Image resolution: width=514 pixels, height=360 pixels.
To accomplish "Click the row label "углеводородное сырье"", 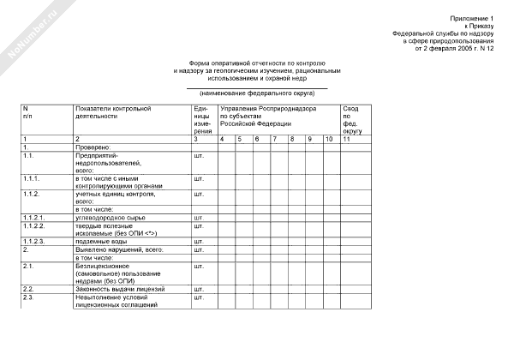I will [108, 218].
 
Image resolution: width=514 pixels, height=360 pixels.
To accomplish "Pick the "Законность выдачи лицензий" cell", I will [120, 290].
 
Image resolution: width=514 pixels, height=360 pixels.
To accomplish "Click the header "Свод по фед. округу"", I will [352, 120].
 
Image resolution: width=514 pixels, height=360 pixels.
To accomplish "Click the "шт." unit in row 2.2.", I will [200, 290].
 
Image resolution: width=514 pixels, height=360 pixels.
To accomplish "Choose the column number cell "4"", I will [223, 138].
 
